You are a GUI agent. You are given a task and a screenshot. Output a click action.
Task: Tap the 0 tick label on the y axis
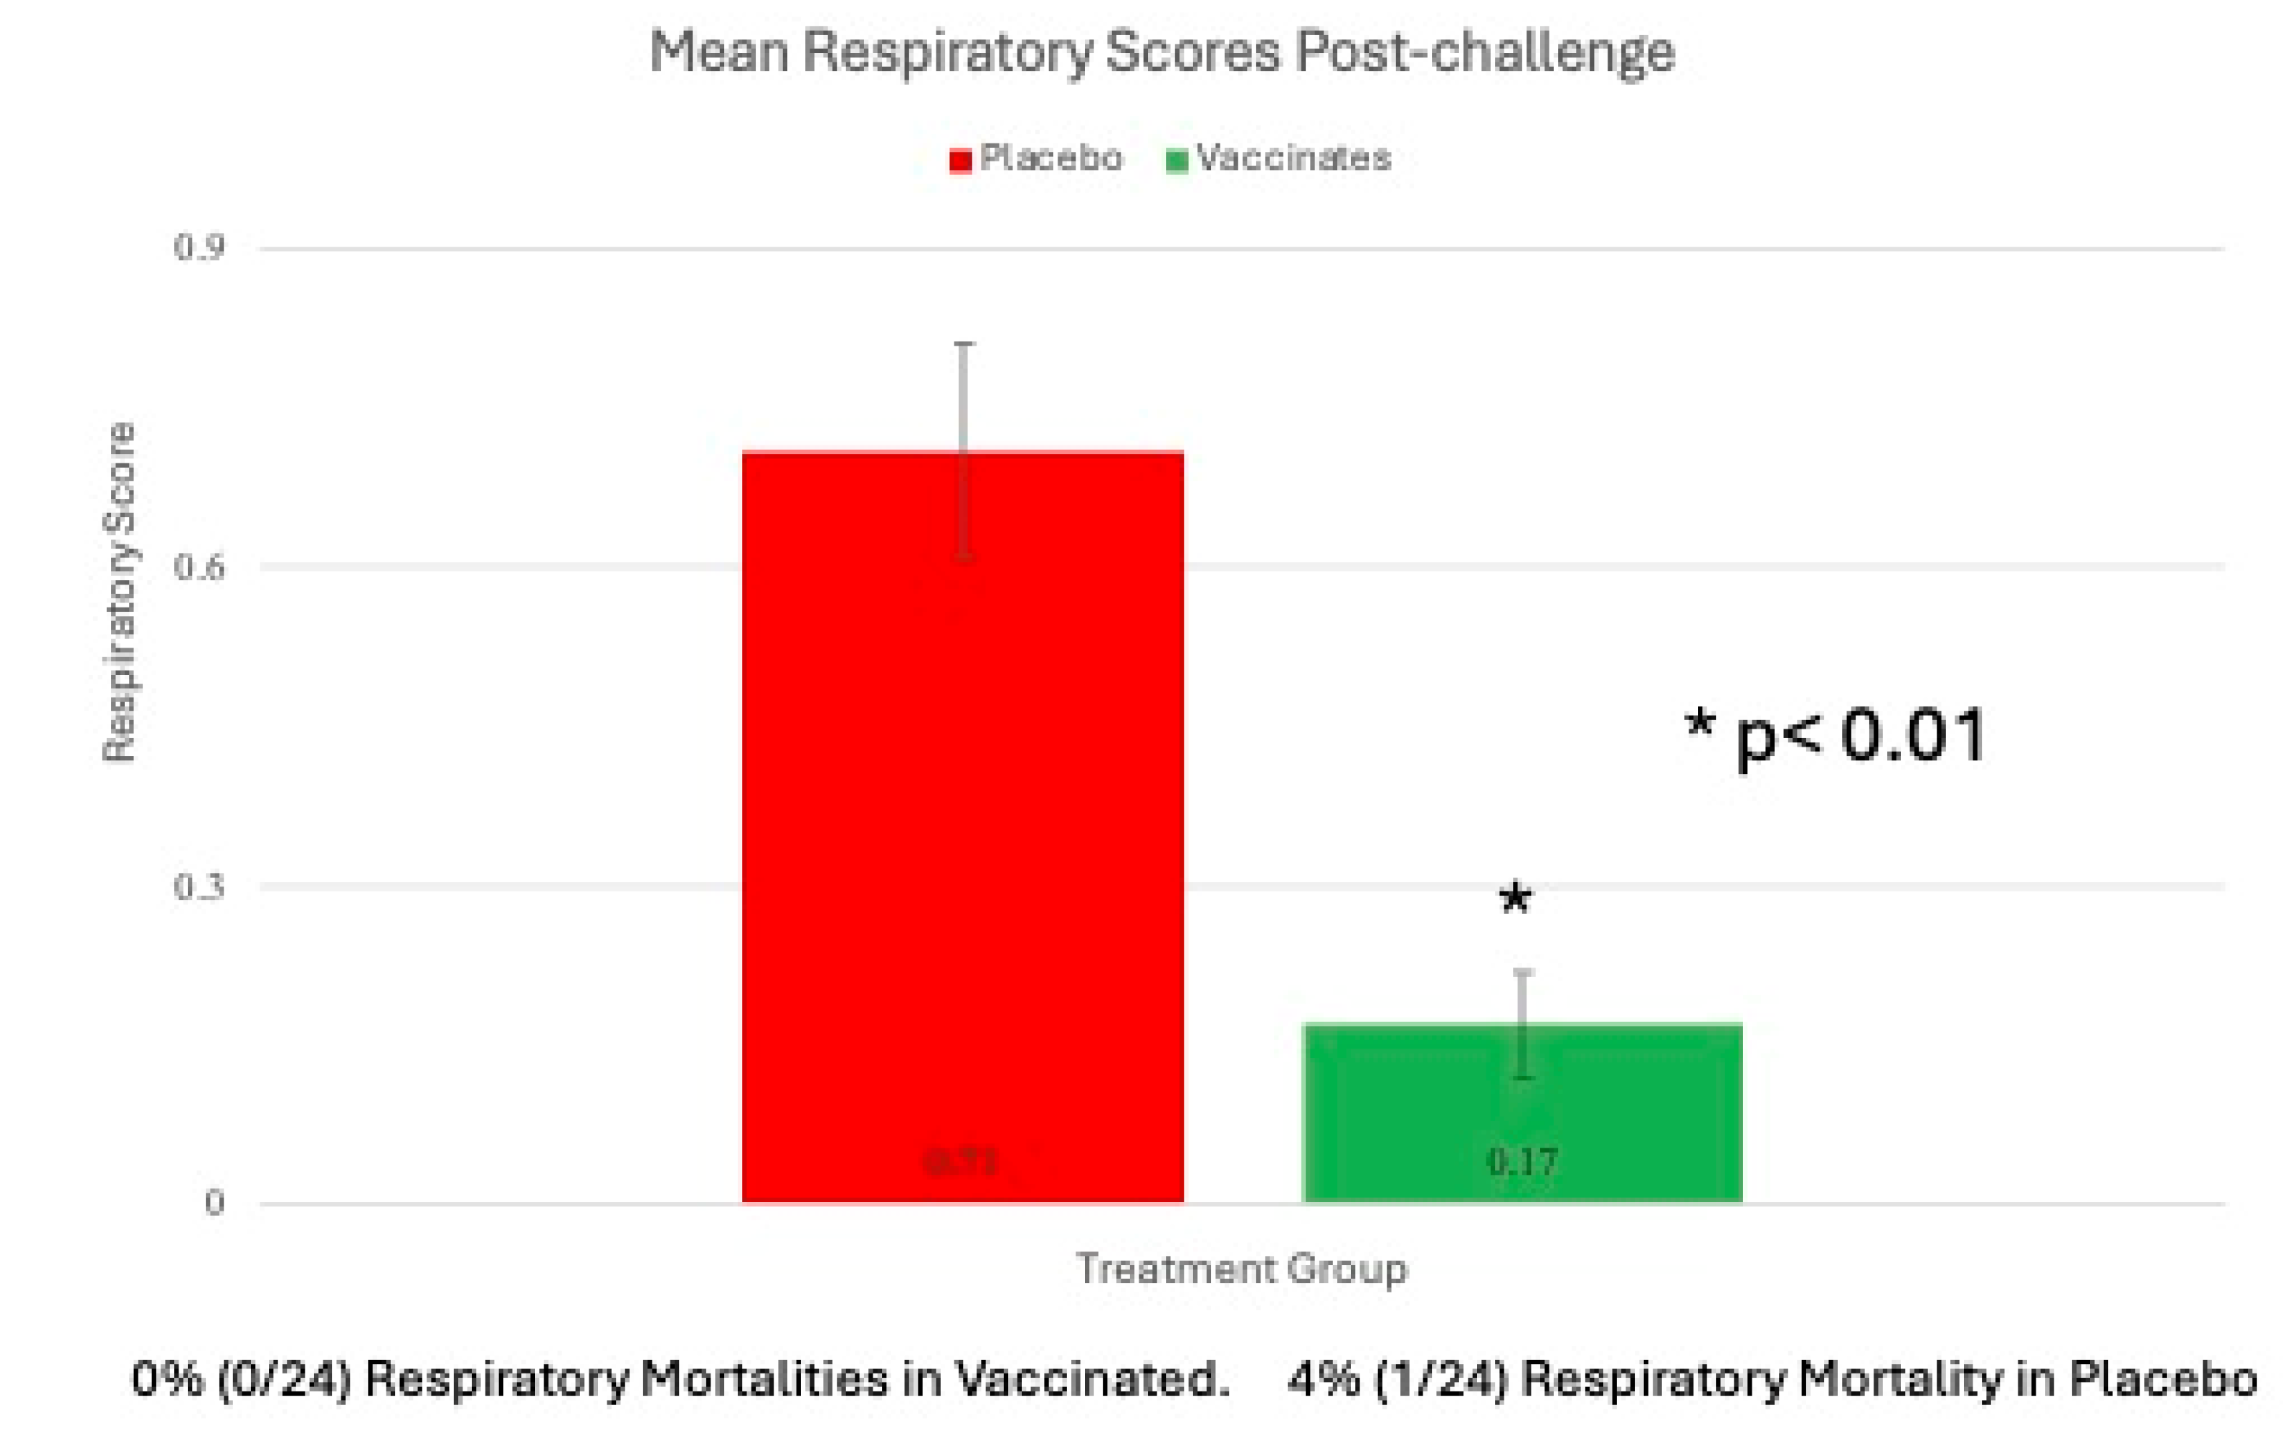pos(214,1203)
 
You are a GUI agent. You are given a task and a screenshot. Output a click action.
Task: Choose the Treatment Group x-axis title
pos(1241,1268)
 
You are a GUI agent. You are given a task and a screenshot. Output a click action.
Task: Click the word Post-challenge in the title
pos(1484,52)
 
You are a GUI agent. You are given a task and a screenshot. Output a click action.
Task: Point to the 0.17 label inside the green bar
pos(1522,1161)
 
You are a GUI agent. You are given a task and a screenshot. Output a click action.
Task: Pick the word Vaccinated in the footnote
pos(1089,1380)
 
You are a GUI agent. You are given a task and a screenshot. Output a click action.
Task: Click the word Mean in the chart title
pos(719,52)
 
